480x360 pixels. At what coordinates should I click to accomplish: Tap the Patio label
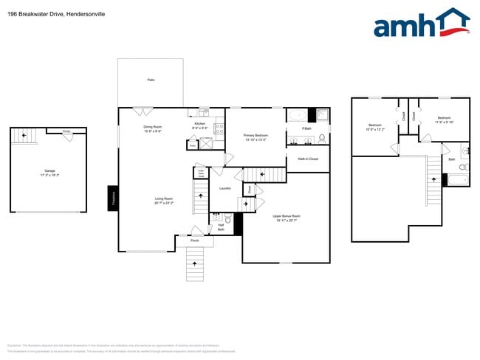pyautogui.click(x=151, y=80)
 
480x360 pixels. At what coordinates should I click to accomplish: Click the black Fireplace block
pyautogui.click(x=113, y=198)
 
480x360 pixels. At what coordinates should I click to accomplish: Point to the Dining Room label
pyautogui.click(x=153, y=128)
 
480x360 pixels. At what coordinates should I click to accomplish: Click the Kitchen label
pyautogui.click(x=199, y=125)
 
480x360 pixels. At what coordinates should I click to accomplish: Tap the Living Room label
pyautogui.click(x=163, y=200)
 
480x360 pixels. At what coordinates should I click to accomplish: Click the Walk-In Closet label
pyautogui.click(x=308, y=159)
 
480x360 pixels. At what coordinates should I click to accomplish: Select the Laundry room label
pyautogui.click(x=225, y=188)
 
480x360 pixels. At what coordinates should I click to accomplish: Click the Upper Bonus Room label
pyautogui.click(x=287, y=218)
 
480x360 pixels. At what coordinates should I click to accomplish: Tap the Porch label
pyautogui.click(x=195, y=240)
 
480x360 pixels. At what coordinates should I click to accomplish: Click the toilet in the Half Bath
pyautogui.click(x=228, y=220)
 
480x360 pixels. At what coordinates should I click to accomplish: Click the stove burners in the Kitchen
pyautogui.click(x=219, y=128)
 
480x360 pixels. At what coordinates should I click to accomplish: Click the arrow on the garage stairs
pyautogui.click(x=24, y=135)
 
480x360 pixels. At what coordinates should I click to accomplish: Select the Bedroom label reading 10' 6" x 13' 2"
pyautogui.click(x=374, y=127)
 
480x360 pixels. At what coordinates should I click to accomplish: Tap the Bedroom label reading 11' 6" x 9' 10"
pyautogui.click(x=443, y=120)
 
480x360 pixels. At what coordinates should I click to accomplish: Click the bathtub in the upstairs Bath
pyautogui.click(x=458, y=179)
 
